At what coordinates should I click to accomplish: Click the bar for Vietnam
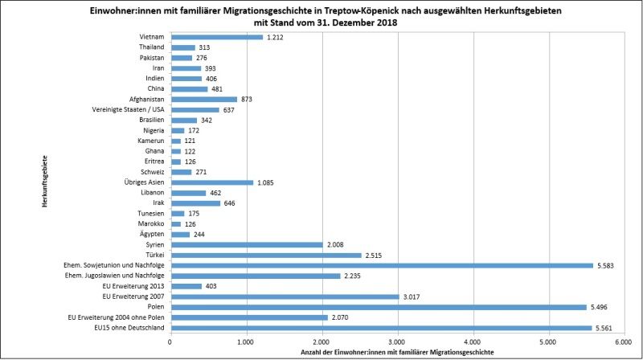coord(216,37)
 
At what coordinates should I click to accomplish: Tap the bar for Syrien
coord(246,244)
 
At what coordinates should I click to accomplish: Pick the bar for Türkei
coord(265,255)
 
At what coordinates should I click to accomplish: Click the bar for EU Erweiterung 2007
coord(285,297)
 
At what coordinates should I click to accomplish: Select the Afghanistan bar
coord(203,99)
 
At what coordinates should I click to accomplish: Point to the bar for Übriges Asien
coord(211,182)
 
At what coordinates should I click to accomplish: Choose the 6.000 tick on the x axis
coord(624,341)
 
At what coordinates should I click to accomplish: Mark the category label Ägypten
coord(153,234)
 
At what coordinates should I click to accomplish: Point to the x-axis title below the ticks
coord(397,351)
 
